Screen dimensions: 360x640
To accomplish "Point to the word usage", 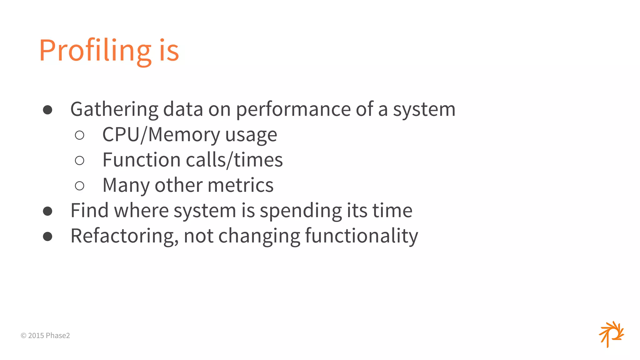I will tap(251, 135).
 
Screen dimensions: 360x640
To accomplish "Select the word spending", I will tap(301, 211).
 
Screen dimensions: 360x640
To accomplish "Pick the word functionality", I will tap(361, 236).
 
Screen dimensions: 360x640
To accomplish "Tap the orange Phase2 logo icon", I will tap(611, 334).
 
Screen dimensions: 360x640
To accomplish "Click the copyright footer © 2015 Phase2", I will tap(45, 336).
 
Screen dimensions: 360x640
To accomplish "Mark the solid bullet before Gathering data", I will tap(47, 110).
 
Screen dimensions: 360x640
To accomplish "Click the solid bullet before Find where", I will tap(47, 211).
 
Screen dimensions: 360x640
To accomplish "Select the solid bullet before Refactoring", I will tap(47, 237).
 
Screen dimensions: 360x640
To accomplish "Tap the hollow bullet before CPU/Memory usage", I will tap(80, 135).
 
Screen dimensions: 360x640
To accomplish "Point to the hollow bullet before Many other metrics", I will tap(80, 186).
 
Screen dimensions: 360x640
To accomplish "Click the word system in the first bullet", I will tap(424, 110).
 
